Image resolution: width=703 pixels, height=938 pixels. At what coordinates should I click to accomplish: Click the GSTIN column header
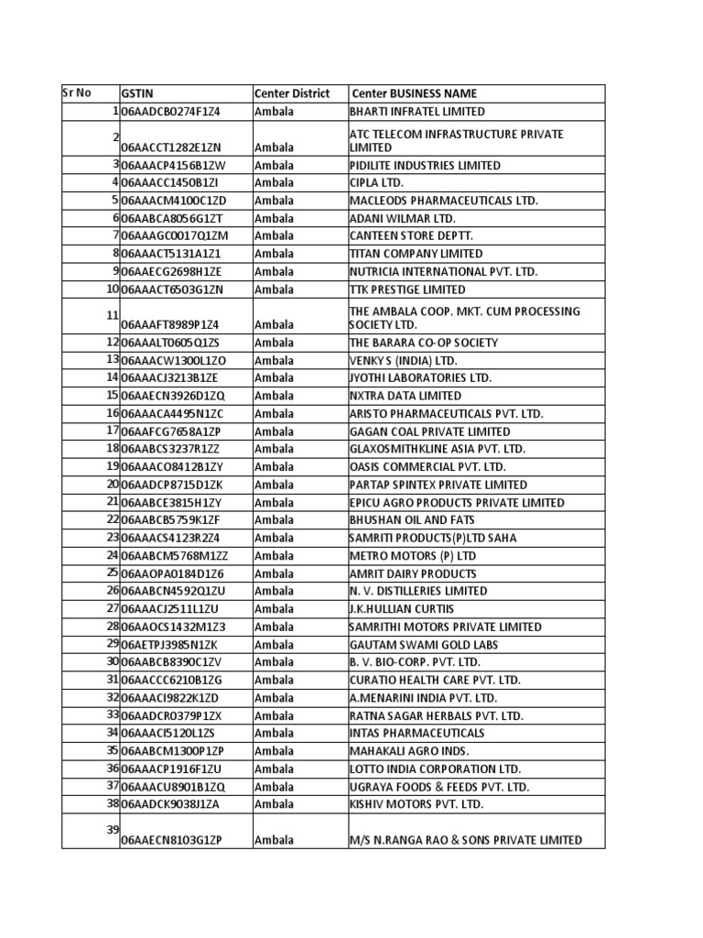(x=133, y=93)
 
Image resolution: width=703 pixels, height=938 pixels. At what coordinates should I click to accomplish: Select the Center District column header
(x=292, y=93)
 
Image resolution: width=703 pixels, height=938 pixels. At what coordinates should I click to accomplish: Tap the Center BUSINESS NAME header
(x=415, y=93)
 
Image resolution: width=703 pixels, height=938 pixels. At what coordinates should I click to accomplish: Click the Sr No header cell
(x=78, y=93)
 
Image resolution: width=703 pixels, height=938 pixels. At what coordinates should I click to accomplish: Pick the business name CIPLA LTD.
(x=376, y=183)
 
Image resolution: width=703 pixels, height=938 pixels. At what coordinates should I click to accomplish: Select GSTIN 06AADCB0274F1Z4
(x=171, y=112)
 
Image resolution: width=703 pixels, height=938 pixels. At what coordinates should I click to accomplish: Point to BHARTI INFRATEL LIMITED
(x=417, y=112)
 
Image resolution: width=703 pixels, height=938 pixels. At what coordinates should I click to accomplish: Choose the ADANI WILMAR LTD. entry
(x=402, y=219)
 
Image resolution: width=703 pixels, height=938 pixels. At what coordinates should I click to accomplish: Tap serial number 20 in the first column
(x=113, y=484)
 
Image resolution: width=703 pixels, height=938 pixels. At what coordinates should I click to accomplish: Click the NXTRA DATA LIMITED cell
(x=406, y=396)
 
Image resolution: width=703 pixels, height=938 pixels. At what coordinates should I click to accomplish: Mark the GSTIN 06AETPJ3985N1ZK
(x=169, y=645)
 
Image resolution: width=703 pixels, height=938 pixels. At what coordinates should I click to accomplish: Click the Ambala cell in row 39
(x=275, y=840)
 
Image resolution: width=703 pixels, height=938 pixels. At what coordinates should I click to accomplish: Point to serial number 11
(x=113, y=316)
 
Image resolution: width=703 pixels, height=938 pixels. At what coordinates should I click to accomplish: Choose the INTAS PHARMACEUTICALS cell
(x=416, y=733)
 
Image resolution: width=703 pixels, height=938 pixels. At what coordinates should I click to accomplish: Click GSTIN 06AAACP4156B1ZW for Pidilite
(x=173, y=166)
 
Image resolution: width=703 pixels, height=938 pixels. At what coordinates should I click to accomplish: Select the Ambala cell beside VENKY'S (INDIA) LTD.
(x=275, y=360)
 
